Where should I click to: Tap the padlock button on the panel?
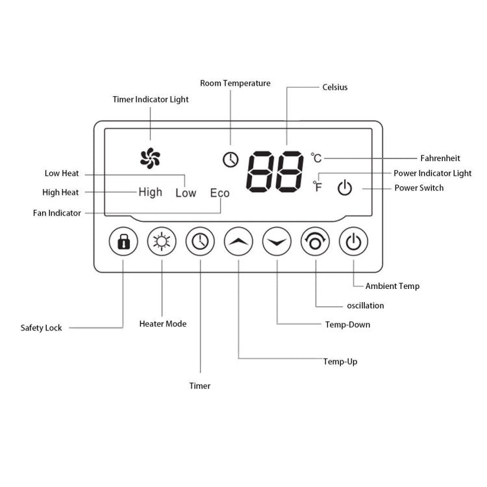tap(123, 243)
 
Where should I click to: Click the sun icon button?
tap(161, 243)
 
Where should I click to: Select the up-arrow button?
tap(238, 243)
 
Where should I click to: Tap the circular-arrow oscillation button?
tap(316, 243)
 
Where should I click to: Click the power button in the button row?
tap(354, 243)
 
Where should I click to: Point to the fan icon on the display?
tap(151, 157)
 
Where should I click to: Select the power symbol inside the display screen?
tap(345, 189)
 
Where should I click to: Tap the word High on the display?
tap(150, 192)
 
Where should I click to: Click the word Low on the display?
tap(186, 193)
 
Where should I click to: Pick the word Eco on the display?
tap(220, 193)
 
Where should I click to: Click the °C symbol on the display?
tap(316, 158)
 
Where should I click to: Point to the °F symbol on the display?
tap(318, 187)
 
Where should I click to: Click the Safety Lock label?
tap(42, 328)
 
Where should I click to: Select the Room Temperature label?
tap(235, 83)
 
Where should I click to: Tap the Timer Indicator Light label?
tap(151, 99)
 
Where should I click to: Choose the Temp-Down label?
tap(347, 324)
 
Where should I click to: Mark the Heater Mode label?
tap(163, 323)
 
